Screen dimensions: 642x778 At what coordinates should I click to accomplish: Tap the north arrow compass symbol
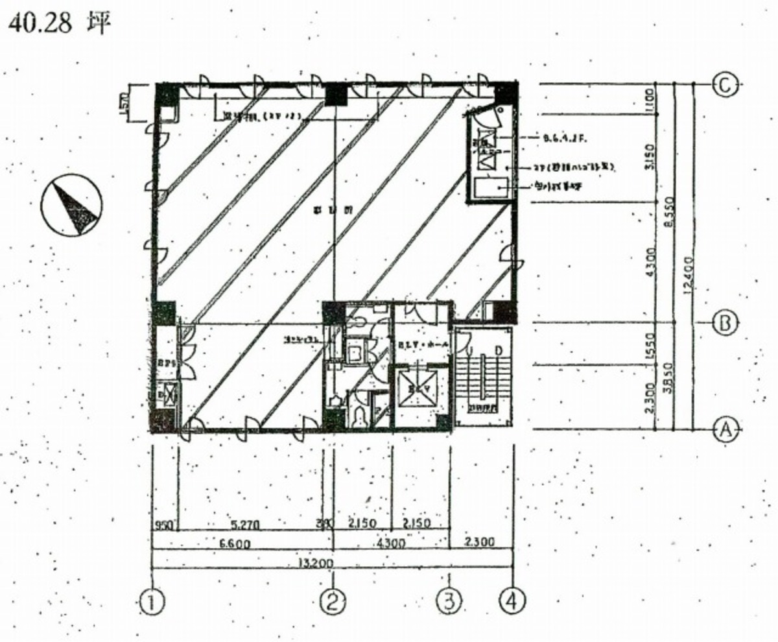pyautogui.click(x=71, y=206)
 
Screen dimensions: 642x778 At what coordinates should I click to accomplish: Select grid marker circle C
pyautogui.click(x=725, y=84)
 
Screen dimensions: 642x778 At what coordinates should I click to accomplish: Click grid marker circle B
pyautogui.click(x=725, y=322)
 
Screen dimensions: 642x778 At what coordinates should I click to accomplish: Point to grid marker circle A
pyautogui.click(x=725, y=429)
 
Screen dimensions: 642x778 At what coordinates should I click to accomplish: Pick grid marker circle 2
pyautogui.click(x=333, y=602)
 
